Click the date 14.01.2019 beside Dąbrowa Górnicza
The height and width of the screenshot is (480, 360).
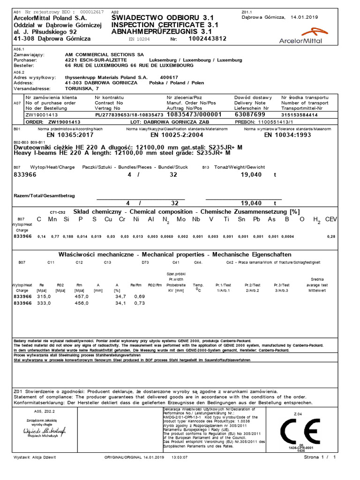click(304, 17)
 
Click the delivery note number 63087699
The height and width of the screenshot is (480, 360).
click(250, 114)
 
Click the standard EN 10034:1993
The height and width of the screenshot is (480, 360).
click(287, 135)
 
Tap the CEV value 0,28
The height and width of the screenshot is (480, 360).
click(331, 237)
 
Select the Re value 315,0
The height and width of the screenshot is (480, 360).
click(44, 297)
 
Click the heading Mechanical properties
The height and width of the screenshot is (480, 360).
click(174, 255)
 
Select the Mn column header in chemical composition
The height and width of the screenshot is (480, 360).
click(52, 219)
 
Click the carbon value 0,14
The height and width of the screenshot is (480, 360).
click(41, 237)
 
